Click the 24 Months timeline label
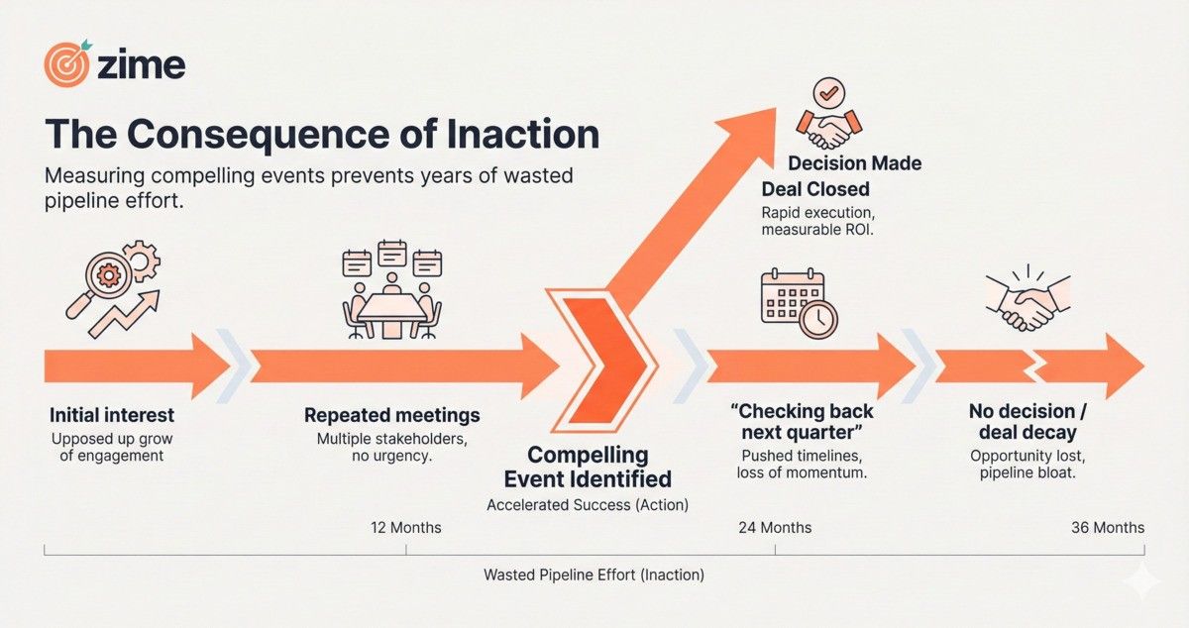tap(775, 527)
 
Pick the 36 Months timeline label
tap(1108, 527)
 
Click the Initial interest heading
tap(111, 415)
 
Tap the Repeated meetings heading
tap(391, 415)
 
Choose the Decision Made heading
tap(854, 163)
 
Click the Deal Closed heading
tap(815, 189)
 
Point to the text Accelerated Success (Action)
tap(588, 504)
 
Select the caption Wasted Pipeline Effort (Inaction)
tap(594, 575)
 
